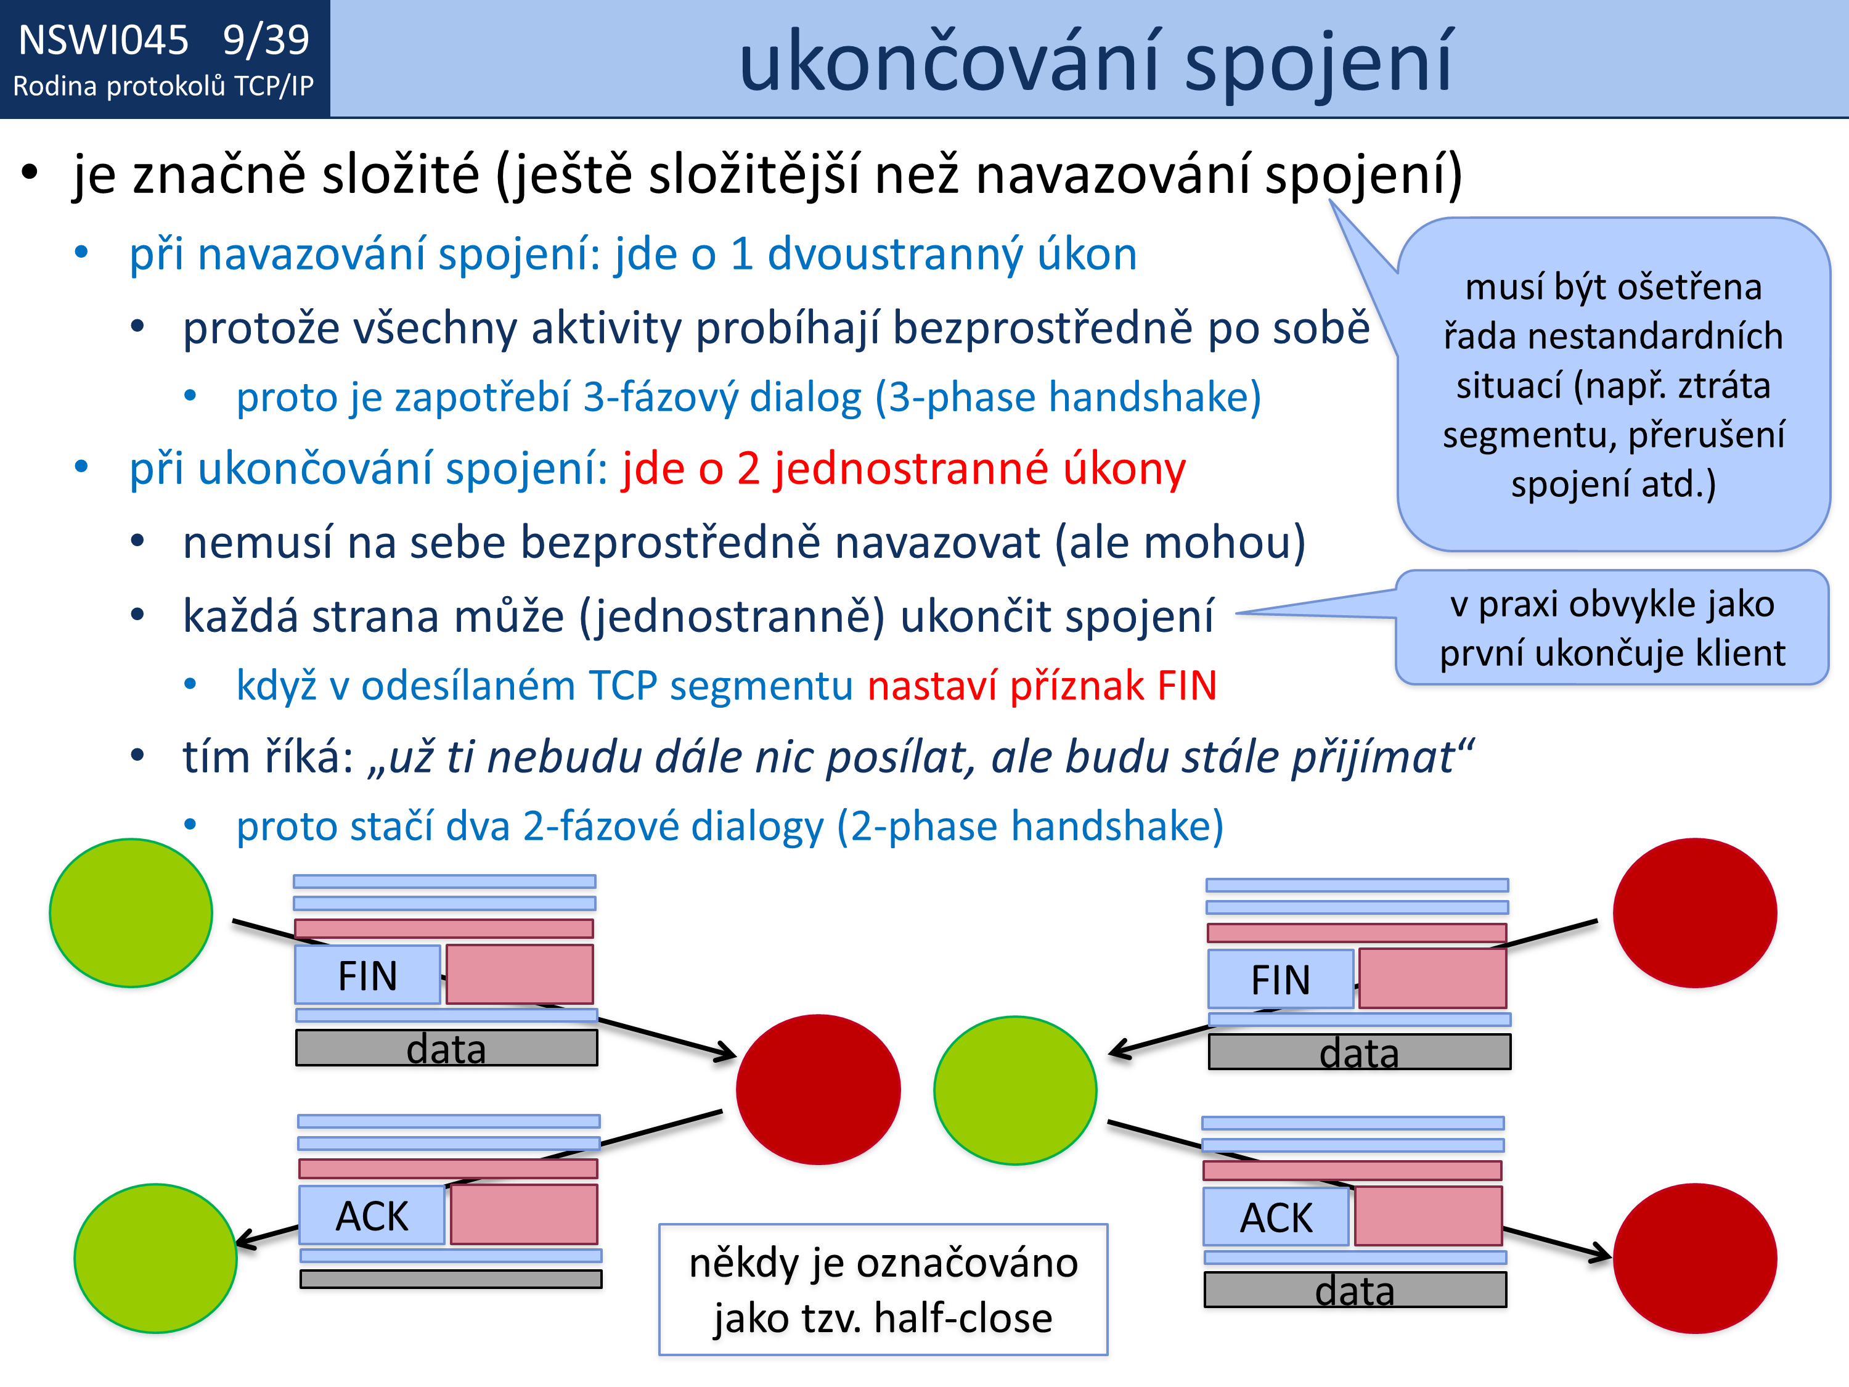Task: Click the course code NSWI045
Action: click(x=104, y=40)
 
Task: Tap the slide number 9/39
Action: click(x=266, y=40)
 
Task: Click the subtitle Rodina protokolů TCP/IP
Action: click(x=164, y=86)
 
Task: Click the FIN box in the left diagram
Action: click(x=368, y=975)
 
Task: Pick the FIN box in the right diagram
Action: click(x=1281, y=979)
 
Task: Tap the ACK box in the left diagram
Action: click(x=372, y=1215)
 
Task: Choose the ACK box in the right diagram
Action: click(x=1276, y=1216)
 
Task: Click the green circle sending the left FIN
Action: click(x=131, y=913)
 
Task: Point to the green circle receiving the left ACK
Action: click(x=155, y=1258)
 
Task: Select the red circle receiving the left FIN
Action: click(x=818, y=1089)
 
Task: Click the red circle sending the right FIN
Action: click(x=1695, y=913)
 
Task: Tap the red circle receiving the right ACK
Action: click(x=1695, y=1258)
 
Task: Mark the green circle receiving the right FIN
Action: click(x=1014, y=1090)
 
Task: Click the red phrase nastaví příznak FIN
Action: click(x=1042, y=685)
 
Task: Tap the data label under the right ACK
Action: click(x=1355, y=1291)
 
